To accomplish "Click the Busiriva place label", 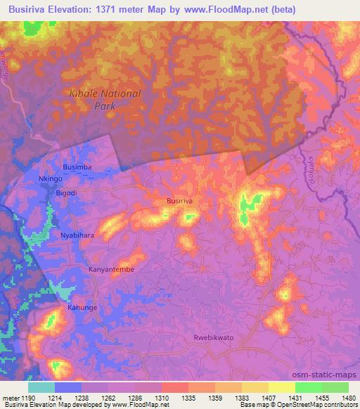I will [x=179, y=201].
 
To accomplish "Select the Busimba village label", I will [x=77, y=167].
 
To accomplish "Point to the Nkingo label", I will [x=51, y=179].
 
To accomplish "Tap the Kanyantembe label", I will [x=110, y=269].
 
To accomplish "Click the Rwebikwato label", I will [x=214, y=337].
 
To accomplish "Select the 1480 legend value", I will [x=348, y=397].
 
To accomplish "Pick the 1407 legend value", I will [x=268, y=397].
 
